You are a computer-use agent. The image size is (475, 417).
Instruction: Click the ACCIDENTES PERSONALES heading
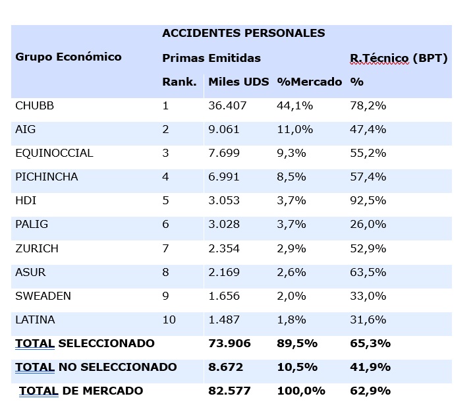click(243, 33)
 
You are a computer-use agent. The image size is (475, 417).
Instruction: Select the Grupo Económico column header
click(69, 57)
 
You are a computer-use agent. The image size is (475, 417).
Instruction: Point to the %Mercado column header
click(309, 82)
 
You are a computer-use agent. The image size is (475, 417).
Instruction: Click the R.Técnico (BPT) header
click(399, 58)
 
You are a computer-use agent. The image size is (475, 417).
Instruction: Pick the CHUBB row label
click(34, 105)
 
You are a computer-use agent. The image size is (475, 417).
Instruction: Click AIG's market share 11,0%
click(294, 129)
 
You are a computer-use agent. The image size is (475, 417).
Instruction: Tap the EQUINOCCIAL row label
click(54, 153)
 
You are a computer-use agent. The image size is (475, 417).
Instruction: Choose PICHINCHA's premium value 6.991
click(224, 177)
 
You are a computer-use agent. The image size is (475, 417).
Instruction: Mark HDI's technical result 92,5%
click(368, 200)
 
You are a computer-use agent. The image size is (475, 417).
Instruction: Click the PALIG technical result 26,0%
click(368, 224)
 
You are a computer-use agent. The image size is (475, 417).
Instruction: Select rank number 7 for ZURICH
click(165, 248)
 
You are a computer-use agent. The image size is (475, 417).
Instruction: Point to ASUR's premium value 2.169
click(224, 272)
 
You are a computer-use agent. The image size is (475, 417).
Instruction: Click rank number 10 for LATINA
click(169, 320)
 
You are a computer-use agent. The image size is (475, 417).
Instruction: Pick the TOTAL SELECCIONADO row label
click(84, 343)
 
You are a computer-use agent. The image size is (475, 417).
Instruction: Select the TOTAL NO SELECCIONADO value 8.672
click(224, 367)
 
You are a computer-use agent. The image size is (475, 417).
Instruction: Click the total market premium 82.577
click(227, 391)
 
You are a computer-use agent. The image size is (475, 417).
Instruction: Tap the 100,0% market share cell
click(301, 391)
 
